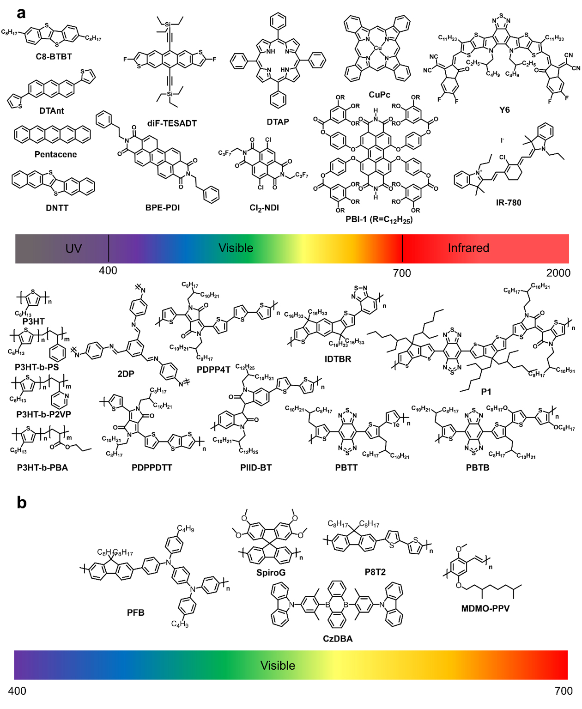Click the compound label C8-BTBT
pyautogui.click(x=54, y=57)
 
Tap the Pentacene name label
pyautogui.click(x=55, y=154)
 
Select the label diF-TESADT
pyautogui.click(x=172, y=123)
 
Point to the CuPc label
pyautogui.click(x=379, y=95)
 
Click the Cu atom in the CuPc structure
pyautogui.click(x=378, y=48)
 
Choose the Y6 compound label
pyautogui.click(x=504, y=110)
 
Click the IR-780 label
pyautogui.click(x=509, y=202)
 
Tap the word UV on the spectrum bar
pyautogui.click(x=73, y=248)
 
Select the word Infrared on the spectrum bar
pyautogui.click(x=468, y=248)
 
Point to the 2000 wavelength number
pyautogui.click(x=558, y=273)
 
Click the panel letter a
pyautogui.click(x=21, y=13)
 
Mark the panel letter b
pyautogui.click(x=21, y=502)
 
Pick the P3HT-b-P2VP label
pyautogui.click(x=44, y=414)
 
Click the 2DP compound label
pyautogui.click(x=126, y=374)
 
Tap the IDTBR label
pyautogui.click(x=338, y=359)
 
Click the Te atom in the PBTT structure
pyautogui.click(x=396, y=424)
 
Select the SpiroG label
pyautogui.click(x=271, y=573)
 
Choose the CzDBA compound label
pyautogui.click(x=338, y=639)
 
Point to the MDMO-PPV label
pyautogui.click(x=485, y=609)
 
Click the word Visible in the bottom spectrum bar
pyautogui.click(x=278, y=666)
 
